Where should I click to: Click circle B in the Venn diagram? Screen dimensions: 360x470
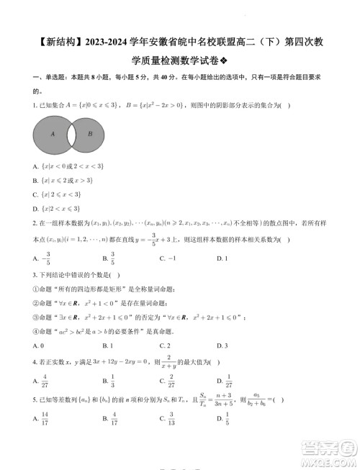coord(89,134)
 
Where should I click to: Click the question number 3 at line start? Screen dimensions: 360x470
coord(35,274)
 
